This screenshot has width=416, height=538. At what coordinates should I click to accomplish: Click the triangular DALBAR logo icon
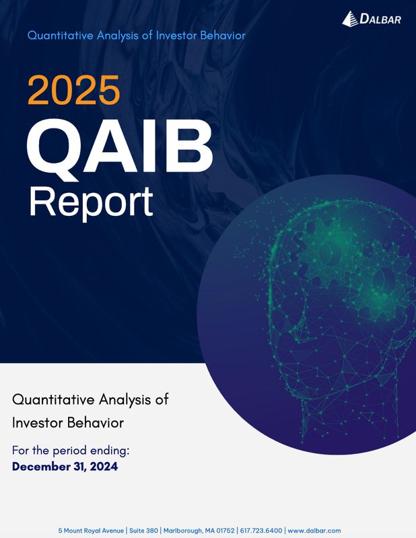(350, 19)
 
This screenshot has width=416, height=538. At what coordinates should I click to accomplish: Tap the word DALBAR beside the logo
(381, 20)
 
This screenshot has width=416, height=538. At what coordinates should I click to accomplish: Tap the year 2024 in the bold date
(103, 465)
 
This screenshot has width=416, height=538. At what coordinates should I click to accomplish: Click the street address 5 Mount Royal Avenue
(91, 531)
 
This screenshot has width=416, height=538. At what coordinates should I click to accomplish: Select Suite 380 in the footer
(142, 531)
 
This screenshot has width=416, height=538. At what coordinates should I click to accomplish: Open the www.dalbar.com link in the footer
(314, 531)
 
